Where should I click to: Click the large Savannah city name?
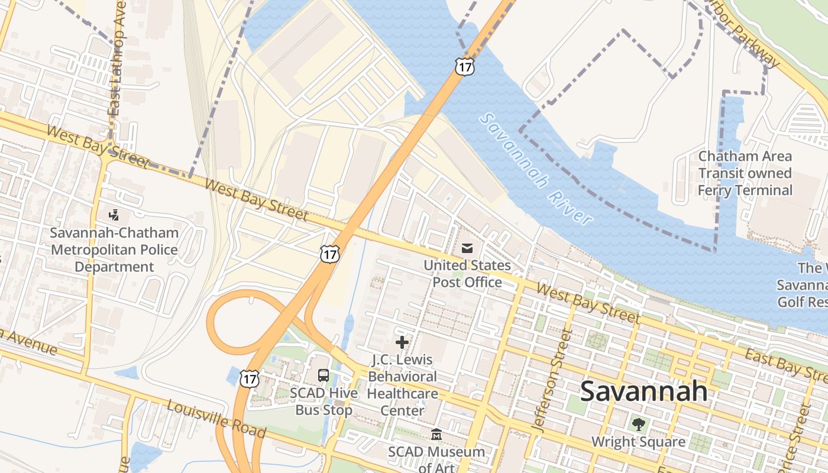(643, 391)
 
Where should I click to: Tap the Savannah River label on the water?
(536, 169)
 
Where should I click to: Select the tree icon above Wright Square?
(638, 423)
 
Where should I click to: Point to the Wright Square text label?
(638, 442)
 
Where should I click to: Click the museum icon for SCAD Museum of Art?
(436, 435)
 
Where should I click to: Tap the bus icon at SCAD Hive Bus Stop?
(324, 375)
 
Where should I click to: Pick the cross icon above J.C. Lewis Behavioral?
(402, 342)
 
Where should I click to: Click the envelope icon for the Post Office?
(467, 248)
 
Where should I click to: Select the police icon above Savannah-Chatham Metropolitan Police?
(114, 215)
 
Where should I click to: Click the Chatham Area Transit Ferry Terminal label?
(745, 173)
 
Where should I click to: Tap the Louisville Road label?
(216, 419)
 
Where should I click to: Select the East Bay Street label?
(785, 363)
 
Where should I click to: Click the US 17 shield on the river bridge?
(464, 67)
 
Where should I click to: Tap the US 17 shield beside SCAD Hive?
(250, 378)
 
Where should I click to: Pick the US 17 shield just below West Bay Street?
(330, 254)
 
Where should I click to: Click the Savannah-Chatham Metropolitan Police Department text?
(114, 250)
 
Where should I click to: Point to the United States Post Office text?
(467, 274)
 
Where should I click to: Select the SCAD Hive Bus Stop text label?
(324, 401)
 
